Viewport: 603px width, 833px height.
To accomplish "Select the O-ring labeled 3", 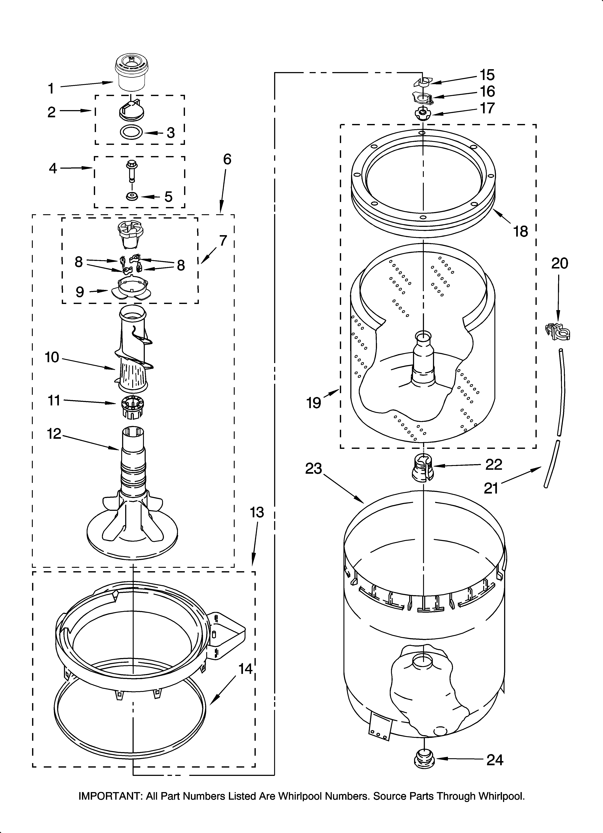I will click(x=131, y=132).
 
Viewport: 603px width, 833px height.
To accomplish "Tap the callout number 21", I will click(x=491, y=488).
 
